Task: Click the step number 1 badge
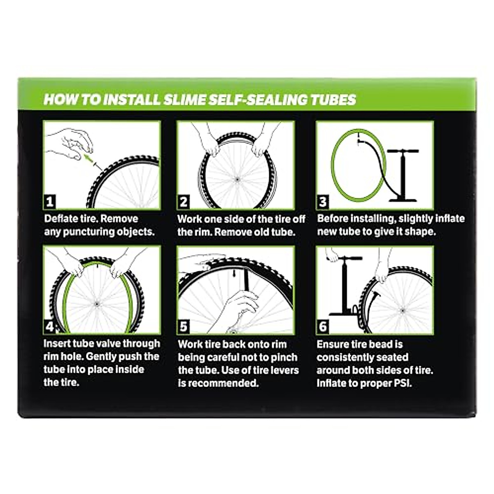click(x=50, y=202)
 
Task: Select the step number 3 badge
click(x=323, y=202)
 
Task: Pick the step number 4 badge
click(x=50, y=327)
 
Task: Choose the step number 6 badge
click(x=323, y=327)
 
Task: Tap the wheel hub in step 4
click(x=97, y=304)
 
